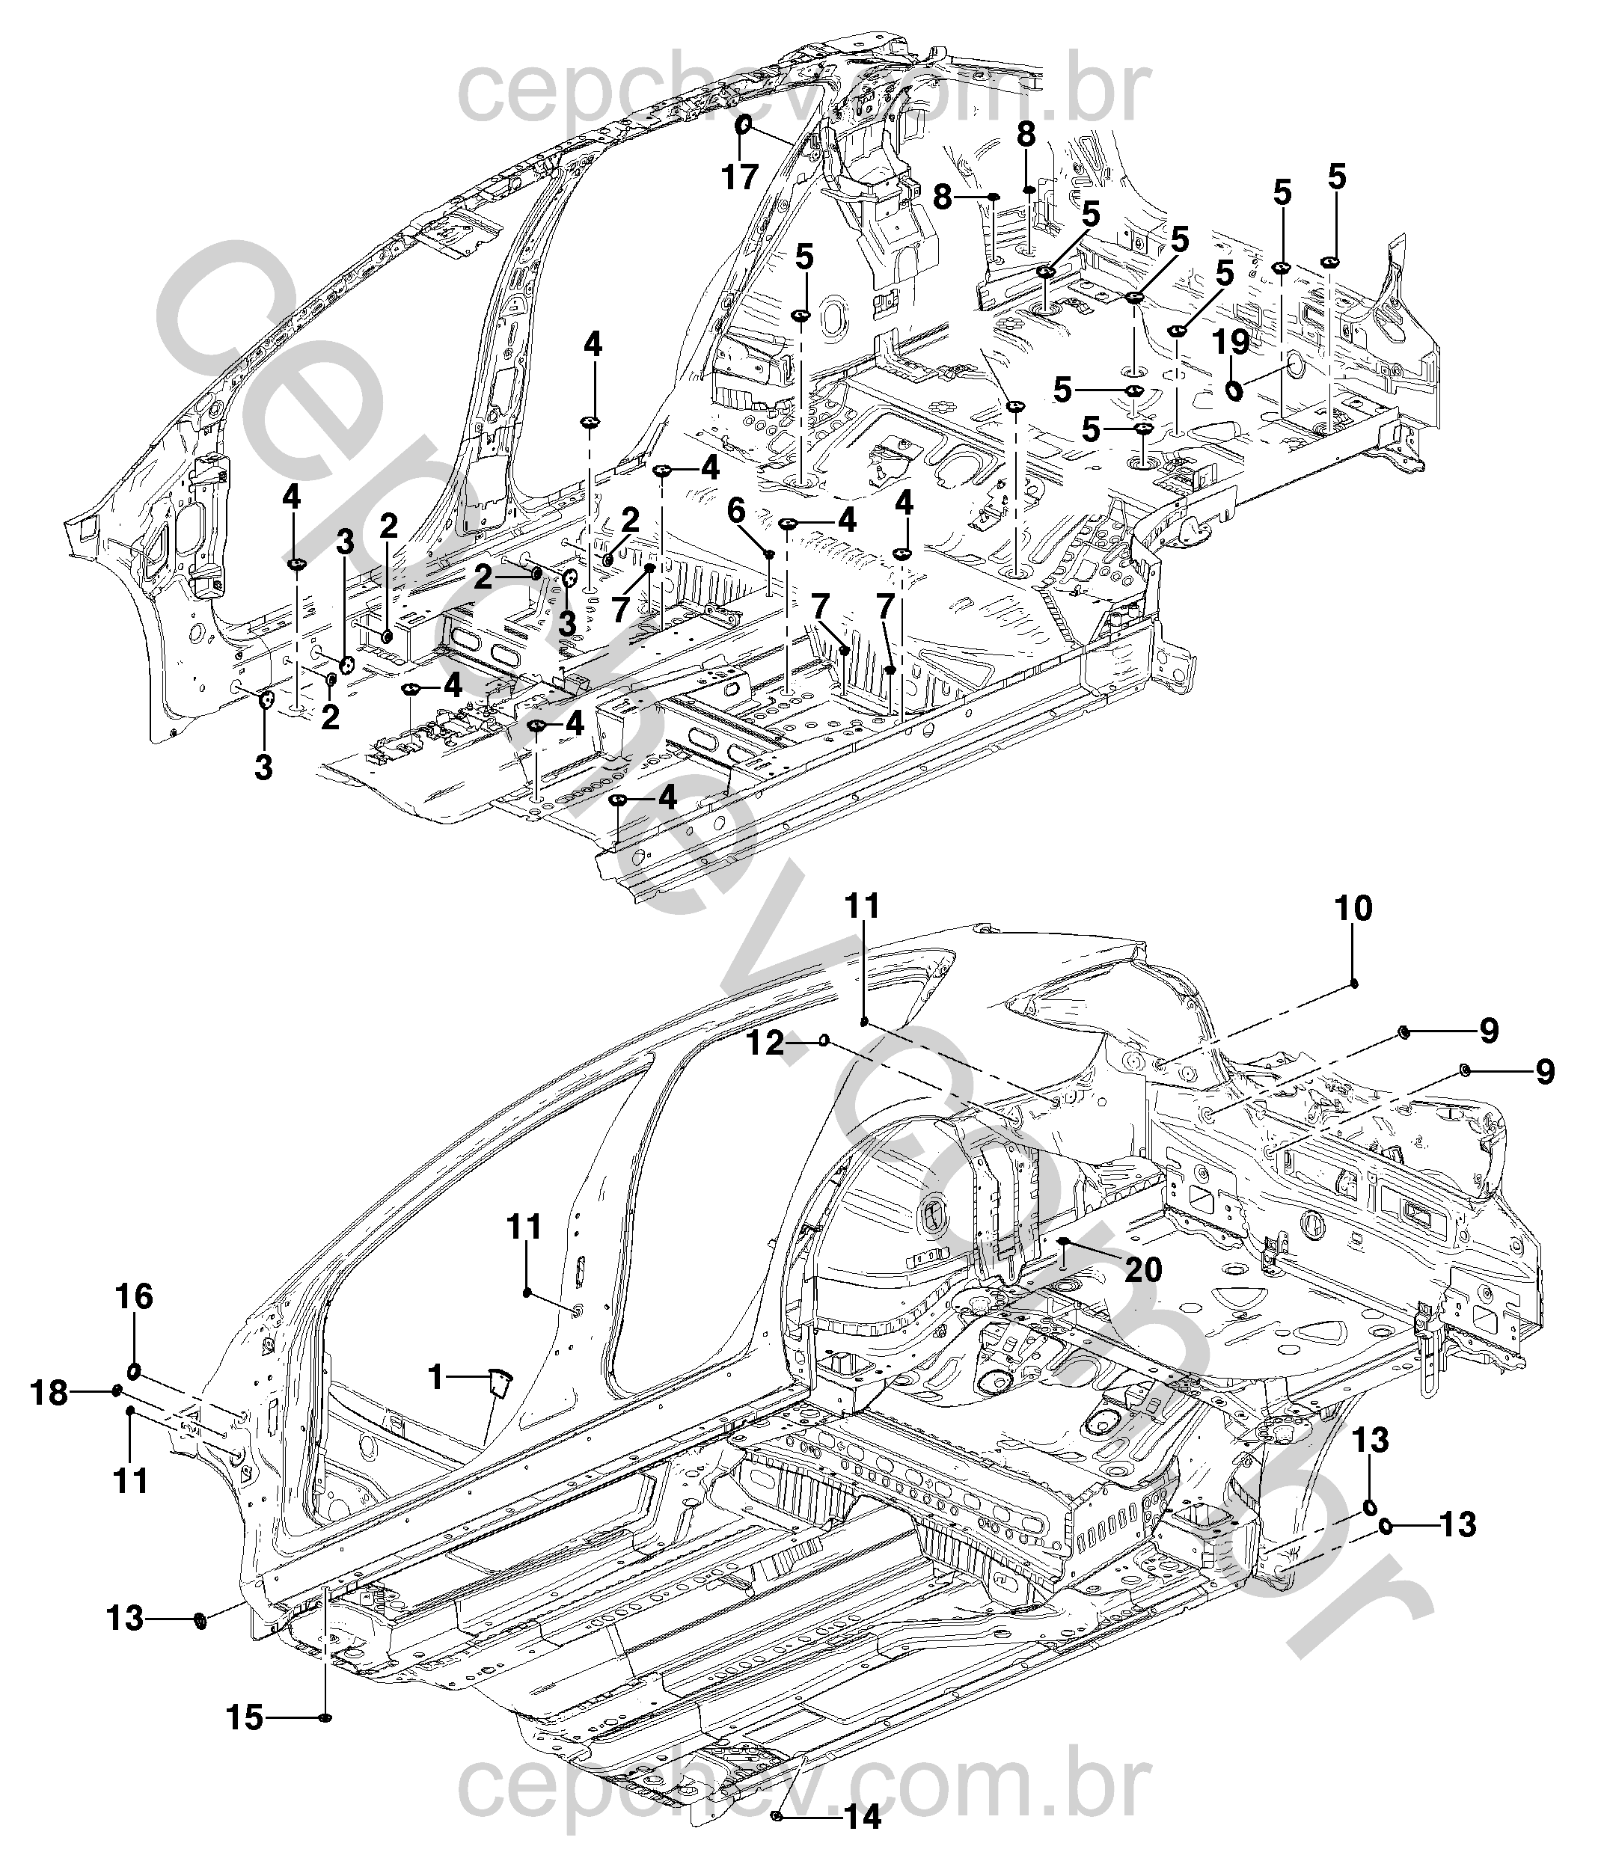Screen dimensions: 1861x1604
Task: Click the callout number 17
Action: click(x=740, y=177)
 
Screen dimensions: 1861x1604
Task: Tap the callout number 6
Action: click(x=736, y=512)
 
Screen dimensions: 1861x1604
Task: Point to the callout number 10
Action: click(x=1353, y=909)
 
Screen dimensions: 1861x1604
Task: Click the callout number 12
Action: click(x=766, y=1044)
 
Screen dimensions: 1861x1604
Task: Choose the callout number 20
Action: click(x=1143, y=1270)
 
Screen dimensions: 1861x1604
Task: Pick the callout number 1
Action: click(x=436, y=1376)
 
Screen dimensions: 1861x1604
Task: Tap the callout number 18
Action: click(x=49, y=1394)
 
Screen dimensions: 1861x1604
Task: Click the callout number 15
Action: click(x=245, y=1719)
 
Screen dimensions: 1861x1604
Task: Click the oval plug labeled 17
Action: click(x=743, y=126)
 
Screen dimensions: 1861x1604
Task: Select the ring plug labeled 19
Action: click(x=1236, y=390)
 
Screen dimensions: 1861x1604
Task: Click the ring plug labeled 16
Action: click(x=133, y=1370)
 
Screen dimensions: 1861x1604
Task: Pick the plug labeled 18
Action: click(x=117, y=1391)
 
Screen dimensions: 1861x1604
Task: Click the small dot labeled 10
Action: click(x=1353, y=984)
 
